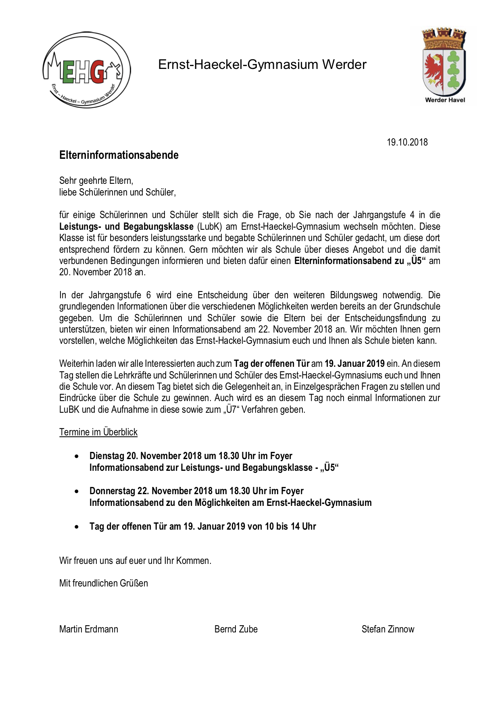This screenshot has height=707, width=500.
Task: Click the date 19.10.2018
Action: (407, 142)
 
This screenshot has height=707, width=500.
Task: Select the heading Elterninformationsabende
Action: (119, 155)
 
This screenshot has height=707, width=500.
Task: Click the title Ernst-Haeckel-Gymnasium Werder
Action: (262, 64)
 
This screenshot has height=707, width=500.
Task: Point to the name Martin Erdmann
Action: (89, 629)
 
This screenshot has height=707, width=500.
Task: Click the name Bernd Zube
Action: (236, 629)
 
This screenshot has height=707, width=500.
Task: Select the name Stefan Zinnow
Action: (387, 629)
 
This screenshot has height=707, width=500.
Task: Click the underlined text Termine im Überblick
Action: (98, 432)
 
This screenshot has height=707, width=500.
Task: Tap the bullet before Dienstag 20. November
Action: (77, 456)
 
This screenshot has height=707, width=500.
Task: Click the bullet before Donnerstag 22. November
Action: (77, 491)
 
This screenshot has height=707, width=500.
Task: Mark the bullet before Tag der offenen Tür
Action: (77, 527)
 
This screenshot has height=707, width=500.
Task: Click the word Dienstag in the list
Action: (107, 456)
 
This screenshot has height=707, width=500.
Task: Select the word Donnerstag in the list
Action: (112, 491)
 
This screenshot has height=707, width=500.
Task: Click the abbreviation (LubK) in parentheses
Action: (209, 227)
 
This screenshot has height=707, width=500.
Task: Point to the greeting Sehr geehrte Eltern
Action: (96, 181)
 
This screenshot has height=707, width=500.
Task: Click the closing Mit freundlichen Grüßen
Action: (104, 583)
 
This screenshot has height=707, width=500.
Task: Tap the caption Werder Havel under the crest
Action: (445, 100)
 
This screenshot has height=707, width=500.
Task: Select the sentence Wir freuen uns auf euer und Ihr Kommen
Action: (135, 561)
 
